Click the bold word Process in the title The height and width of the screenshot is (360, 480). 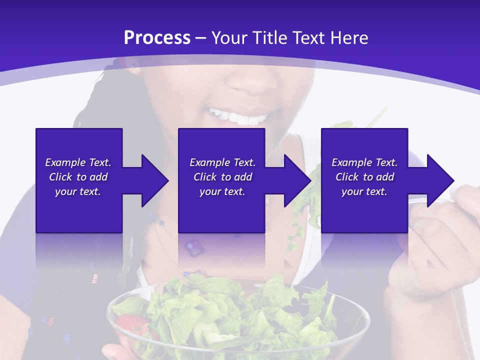click(157, 38)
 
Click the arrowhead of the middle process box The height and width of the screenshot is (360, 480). click(297, 180)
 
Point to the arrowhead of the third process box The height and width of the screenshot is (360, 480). click(440, 180)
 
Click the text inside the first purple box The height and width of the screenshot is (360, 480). click(78, 177)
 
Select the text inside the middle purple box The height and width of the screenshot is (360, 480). click(222, 177)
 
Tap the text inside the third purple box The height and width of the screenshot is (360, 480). click(364, 177)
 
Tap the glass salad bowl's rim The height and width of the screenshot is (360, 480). click(240, 287)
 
